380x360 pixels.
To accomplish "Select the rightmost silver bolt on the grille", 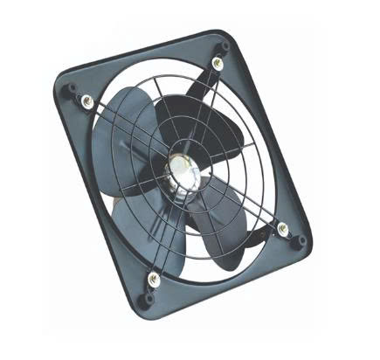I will pyautogui.click(x=282, y=228).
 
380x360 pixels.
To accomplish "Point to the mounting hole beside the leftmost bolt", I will pyautogui.click(x=72, y=90).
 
